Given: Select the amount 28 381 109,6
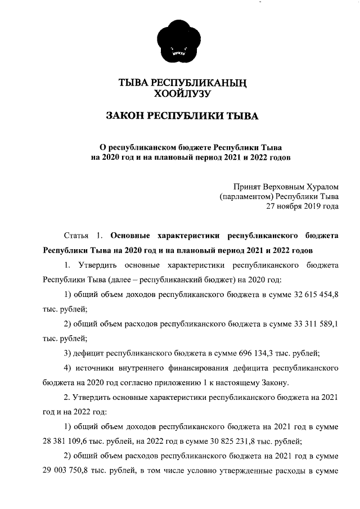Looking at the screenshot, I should [65, 440].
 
